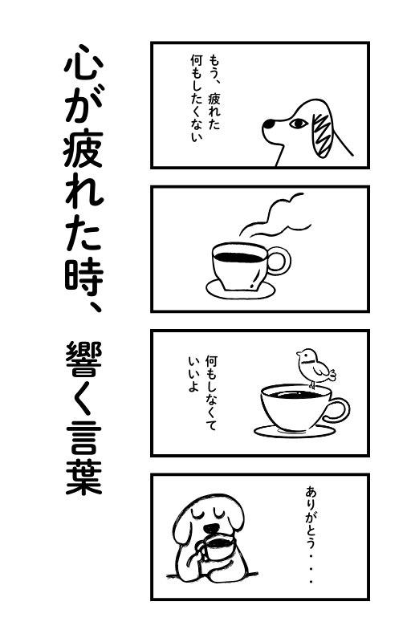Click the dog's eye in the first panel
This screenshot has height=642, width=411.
click(x=299, y=123)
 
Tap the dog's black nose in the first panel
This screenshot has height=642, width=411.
click(x=268, y=124)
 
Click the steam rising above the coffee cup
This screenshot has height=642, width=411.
click(x=275, y=216)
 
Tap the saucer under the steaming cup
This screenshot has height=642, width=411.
click(x=240, y=290)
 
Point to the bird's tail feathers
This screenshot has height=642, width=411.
click(x=332, y=374)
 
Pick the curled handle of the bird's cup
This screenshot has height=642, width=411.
click(x=338, y=411)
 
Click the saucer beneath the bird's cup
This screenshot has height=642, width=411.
click(x=295, y=432)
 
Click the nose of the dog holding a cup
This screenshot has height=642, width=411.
click(x=212, y=528)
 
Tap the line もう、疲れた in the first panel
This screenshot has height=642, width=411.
click(x=214, y=91)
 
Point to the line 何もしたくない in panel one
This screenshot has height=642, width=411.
click(x=196, y=97)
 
